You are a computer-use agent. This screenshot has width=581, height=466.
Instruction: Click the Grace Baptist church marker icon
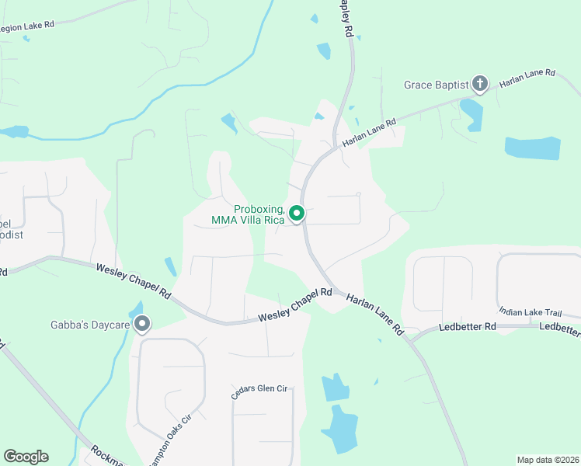[480, 83]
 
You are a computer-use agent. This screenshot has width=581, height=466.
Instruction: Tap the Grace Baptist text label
[436, 85]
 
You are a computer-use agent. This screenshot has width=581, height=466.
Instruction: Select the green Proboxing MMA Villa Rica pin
[296, 212]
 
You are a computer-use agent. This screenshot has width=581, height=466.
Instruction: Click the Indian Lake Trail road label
[530, 312]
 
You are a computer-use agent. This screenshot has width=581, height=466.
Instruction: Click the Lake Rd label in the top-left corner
[29, 26]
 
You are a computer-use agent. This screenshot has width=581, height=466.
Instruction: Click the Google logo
[26, 457]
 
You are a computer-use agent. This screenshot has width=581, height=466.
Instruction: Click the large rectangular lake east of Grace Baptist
[532, 148]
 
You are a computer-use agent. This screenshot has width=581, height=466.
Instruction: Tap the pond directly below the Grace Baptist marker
[471, 114]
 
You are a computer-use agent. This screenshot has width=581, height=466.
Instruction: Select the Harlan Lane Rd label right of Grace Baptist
[528, 78]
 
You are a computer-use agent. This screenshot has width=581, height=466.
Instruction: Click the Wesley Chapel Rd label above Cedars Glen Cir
[295, 305]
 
